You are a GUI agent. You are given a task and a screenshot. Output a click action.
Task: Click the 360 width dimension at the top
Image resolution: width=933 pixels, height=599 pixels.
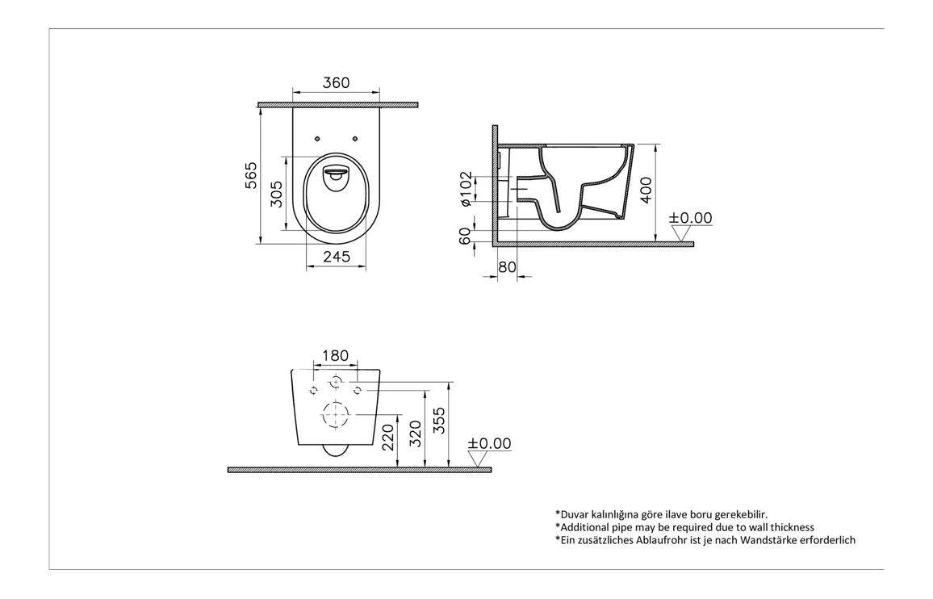click(x=336, y=83)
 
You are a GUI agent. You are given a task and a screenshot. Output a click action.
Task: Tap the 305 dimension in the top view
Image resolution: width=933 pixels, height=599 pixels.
click(x=276, y=194)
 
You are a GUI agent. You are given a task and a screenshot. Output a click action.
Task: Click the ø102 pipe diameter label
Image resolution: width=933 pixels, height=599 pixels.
click(x=466, y=189)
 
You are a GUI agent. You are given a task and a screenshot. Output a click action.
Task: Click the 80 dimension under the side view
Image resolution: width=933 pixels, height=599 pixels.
click(x=507, y=267)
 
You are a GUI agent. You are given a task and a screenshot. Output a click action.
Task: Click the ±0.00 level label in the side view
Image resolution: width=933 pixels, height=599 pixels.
click(x=691, y=218)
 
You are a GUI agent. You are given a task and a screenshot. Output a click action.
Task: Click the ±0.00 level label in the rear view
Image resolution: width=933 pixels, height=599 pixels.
click(x=489, y=444)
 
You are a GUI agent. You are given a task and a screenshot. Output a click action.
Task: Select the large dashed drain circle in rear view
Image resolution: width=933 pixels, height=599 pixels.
click(x=336, y=414)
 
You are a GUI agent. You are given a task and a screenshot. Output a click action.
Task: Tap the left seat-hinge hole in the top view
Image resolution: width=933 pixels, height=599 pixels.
click(x=317, y=139)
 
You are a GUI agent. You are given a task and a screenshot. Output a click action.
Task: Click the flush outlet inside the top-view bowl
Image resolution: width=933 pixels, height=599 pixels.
click(x=336, y=173)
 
